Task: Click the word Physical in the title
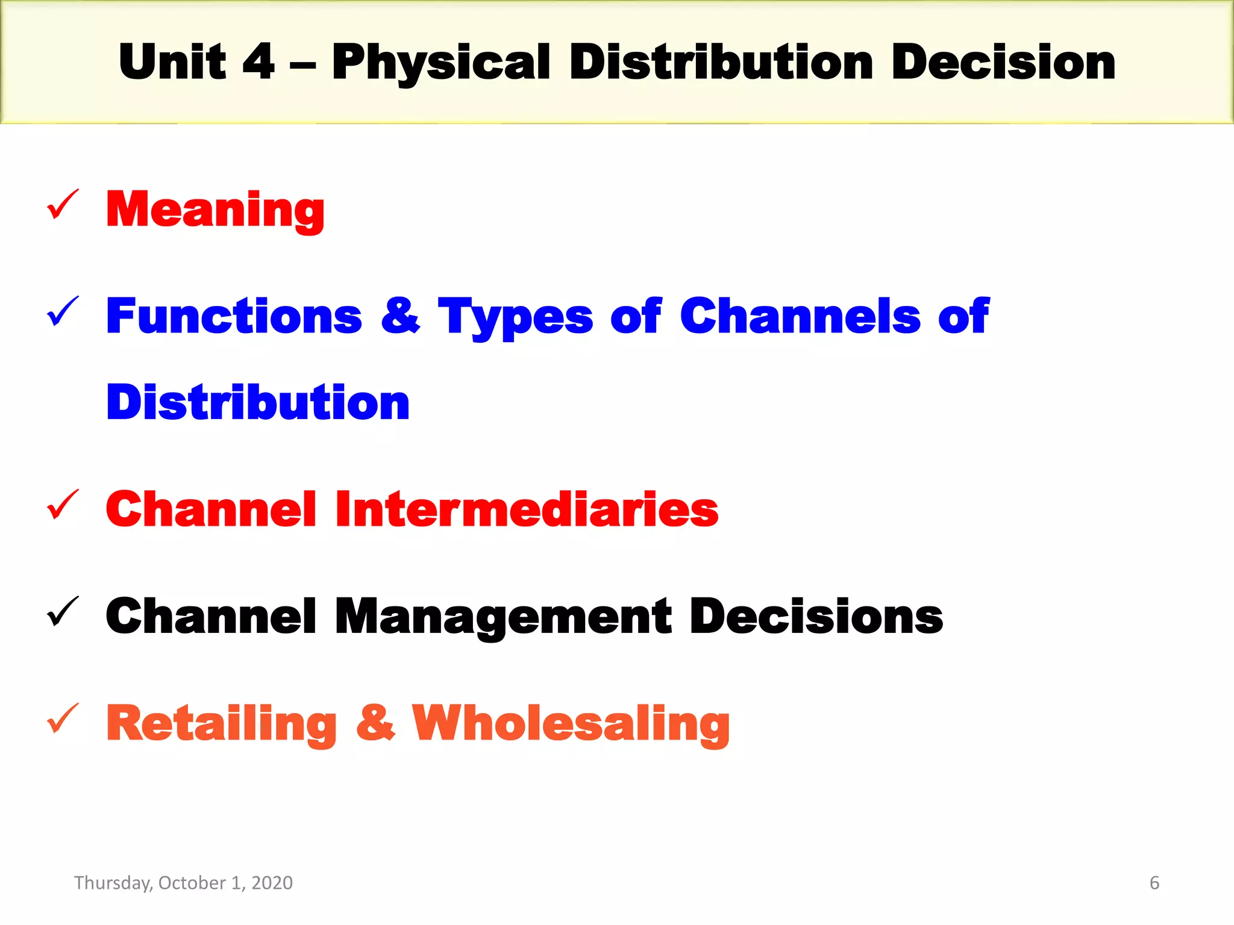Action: (x=440, y=63)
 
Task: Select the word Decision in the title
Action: (x=1003, y=63)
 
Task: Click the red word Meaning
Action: (x=215, y=210)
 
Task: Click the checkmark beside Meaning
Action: (x=63, y=205)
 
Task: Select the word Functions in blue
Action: (x=234, y=316)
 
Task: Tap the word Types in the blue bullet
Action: (x=515, y=317)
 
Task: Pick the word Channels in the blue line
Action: (x=800, y=316)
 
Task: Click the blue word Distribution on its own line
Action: (x=258, y=402)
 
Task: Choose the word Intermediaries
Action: (x=527, y=509)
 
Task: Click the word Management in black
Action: (x=503, y=617)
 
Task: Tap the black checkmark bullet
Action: (x=63, y=611)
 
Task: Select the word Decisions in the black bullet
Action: (x=816, y=617)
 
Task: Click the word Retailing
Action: (x=221, y=724)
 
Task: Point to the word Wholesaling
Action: (x=570, y=724)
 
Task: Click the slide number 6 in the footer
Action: (x=1154, y=883)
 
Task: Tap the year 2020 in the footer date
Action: (x=272, y=883)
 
